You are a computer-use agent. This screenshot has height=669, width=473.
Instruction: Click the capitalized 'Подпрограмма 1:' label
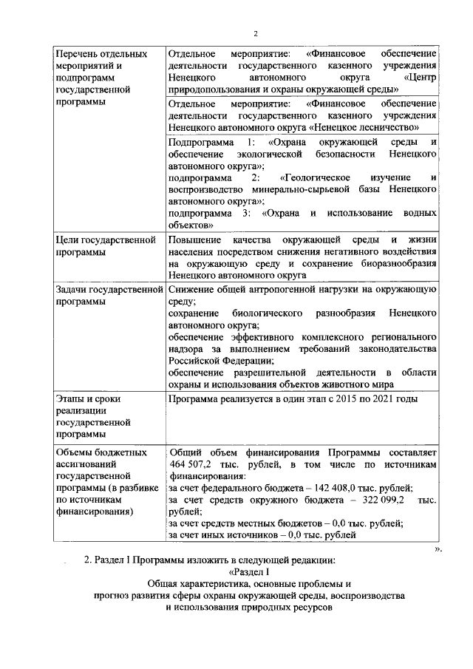click(x=211, y=141)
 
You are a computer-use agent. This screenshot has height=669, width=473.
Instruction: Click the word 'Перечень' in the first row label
click(x=78, y=54)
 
